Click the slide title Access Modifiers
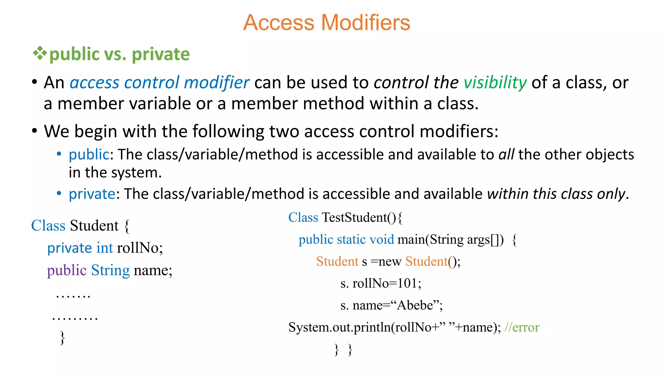point(326,23)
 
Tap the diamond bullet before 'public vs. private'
point(40,53)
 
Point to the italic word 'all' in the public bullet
point(506,155)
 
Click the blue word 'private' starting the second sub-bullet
point(92,194)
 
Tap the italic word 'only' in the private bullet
point(611,194)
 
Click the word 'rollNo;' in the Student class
point(140,248)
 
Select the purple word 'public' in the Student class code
point(67,271)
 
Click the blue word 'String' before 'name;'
point(110,271)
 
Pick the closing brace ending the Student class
point(62,338)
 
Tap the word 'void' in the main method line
point(382,240)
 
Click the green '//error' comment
point(522,327)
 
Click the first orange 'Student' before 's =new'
point(337,262)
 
